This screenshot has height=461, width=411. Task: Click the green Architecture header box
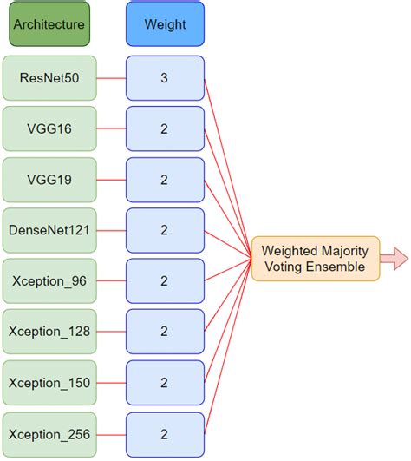point(49,25)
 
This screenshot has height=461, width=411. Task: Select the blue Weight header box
point(165,25)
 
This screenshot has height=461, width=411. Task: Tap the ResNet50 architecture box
point(49,78)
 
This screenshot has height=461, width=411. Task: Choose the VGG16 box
point(49,128)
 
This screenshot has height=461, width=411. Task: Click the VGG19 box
point(49,180)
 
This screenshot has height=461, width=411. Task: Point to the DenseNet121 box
point(49,230)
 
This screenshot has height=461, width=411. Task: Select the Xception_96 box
point(49,280)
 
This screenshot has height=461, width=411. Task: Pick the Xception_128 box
point(49,331)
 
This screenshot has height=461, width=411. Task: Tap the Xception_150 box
point(49,382)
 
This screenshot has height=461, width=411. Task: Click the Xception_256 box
point(49,433)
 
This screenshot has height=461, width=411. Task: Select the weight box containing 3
point(165,78)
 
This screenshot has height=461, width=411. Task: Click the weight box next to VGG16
point(165,128)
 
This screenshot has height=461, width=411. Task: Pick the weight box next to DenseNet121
point(165,230)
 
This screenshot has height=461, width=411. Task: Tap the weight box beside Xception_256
point(165,433)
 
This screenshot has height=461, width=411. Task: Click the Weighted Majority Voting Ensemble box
point(316,259)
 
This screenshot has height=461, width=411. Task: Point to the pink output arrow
point(395,259)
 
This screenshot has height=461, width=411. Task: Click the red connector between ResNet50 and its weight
point(110,78)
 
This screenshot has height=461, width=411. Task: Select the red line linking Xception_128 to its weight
point(110,331)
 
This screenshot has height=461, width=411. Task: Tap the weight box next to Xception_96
point(165,280)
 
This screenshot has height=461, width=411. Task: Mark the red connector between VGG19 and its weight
point(110,180)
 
